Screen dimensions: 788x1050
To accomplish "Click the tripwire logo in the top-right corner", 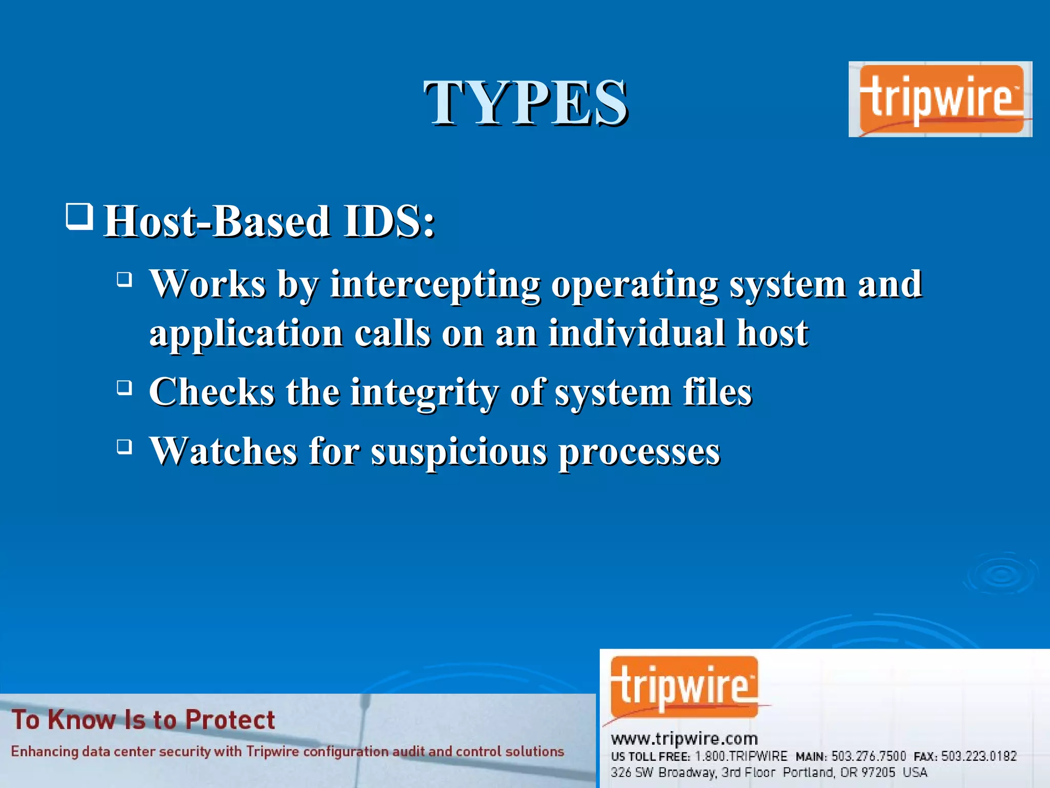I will [940, 99].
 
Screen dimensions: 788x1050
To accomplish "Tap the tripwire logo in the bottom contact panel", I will [684, 687].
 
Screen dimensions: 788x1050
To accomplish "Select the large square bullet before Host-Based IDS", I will [79, 216].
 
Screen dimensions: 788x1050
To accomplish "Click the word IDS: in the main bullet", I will [389, 221].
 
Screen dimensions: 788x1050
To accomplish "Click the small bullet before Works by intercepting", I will [124, 280].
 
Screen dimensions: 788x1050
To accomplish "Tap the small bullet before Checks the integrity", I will [124, 387].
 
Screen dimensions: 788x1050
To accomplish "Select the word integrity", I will [425, 392].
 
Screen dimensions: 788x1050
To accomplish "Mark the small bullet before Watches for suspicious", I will [124, 446].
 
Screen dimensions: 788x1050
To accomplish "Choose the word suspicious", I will [459, 451].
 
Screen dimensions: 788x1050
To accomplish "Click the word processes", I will [639, 451].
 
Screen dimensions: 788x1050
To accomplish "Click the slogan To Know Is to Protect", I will [143, 720].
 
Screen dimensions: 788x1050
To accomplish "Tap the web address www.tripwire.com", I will [684, 739].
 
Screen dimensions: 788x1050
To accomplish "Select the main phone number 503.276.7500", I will [869, 756].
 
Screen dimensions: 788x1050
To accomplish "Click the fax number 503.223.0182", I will [978, 756].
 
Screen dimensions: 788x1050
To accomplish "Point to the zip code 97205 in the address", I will [878, 772].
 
